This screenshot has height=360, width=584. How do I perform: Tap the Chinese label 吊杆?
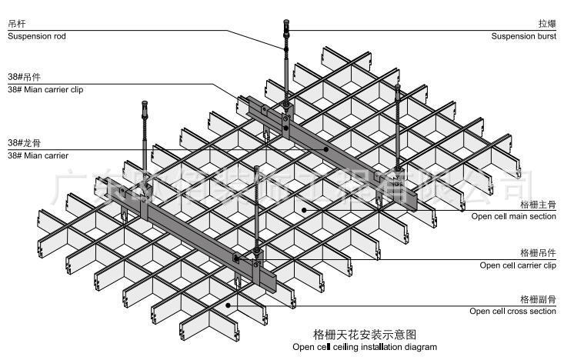point(17,25)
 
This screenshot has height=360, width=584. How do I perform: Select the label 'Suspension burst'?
point(523,35)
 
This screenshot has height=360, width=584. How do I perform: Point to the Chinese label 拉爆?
point(546,25)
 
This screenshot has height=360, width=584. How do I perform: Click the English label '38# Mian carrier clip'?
point(45,89)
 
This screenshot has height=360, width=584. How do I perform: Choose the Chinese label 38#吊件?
point(24,78)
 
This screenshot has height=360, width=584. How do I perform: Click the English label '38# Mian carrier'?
point(38,155)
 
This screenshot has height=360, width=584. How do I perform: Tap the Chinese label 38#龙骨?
point(24,143)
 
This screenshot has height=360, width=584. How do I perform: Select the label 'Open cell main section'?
point(513,216)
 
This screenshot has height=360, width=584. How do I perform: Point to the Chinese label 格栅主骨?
point(537,205)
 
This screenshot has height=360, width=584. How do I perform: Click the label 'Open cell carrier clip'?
point(517,265)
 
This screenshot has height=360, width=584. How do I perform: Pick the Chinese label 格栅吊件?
point(537,253)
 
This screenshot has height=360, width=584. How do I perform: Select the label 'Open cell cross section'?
point(512,311)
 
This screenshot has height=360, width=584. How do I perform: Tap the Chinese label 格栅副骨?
point(537,299)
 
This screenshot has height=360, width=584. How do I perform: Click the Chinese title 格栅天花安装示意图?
point(364,335)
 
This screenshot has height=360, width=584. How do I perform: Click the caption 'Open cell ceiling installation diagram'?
point(364,347)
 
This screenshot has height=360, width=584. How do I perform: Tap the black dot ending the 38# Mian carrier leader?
point(326,150)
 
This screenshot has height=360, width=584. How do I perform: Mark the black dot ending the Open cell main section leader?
point(305,209)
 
